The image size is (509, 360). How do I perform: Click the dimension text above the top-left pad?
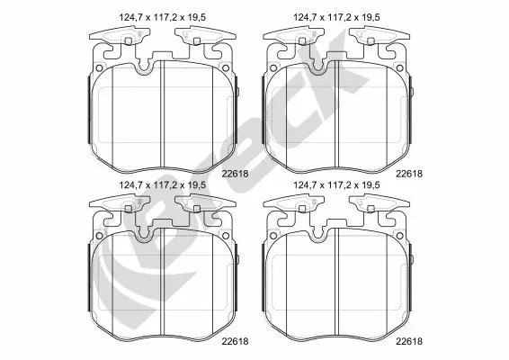[x=162, y=17]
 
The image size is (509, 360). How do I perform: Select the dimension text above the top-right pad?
[x=336, y=17]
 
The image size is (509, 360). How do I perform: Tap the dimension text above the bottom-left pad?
[x=162, y=185]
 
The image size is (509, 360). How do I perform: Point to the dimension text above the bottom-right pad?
[x=336, y=185]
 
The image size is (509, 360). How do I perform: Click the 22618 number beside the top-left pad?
[x=235, y=174]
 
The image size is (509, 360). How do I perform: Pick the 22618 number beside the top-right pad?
[x=409, y=174]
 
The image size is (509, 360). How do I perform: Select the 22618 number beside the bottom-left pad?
[x=235, y=341]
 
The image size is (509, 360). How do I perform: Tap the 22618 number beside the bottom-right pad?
[x=409, y=341]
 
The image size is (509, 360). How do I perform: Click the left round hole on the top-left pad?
[x=99, y=67]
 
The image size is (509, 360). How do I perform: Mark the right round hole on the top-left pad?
[x=226, y=67]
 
